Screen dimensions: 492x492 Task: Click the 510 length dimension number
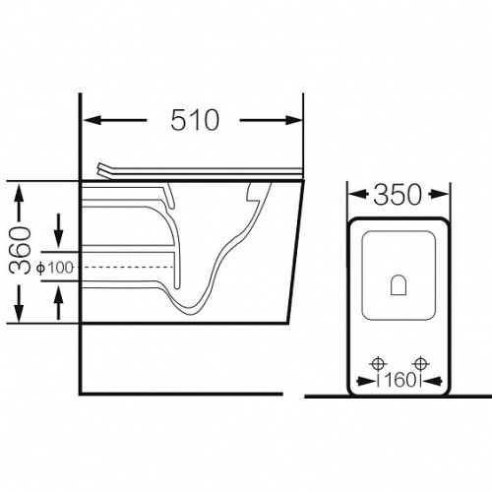pos(195,120)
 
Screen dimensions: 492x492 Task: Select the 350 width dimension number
pos(398,195)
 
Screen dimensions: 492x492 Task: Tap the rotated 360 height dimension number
pos(20,251)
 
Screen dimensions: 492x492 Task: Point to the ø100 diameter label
pos(55,268)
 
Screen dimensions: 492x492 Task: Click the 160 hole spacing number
pos(400,381)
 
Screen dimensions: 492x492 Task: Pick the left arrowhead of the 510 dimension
pos(92,120)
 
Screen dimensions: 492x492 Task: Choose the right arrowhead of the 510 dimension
pos(293,120)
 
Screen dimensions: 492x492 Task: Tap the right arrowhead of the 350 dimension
pos(440,194)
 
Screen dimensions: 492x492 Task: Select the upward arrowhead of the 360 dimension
pos(20,193)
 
